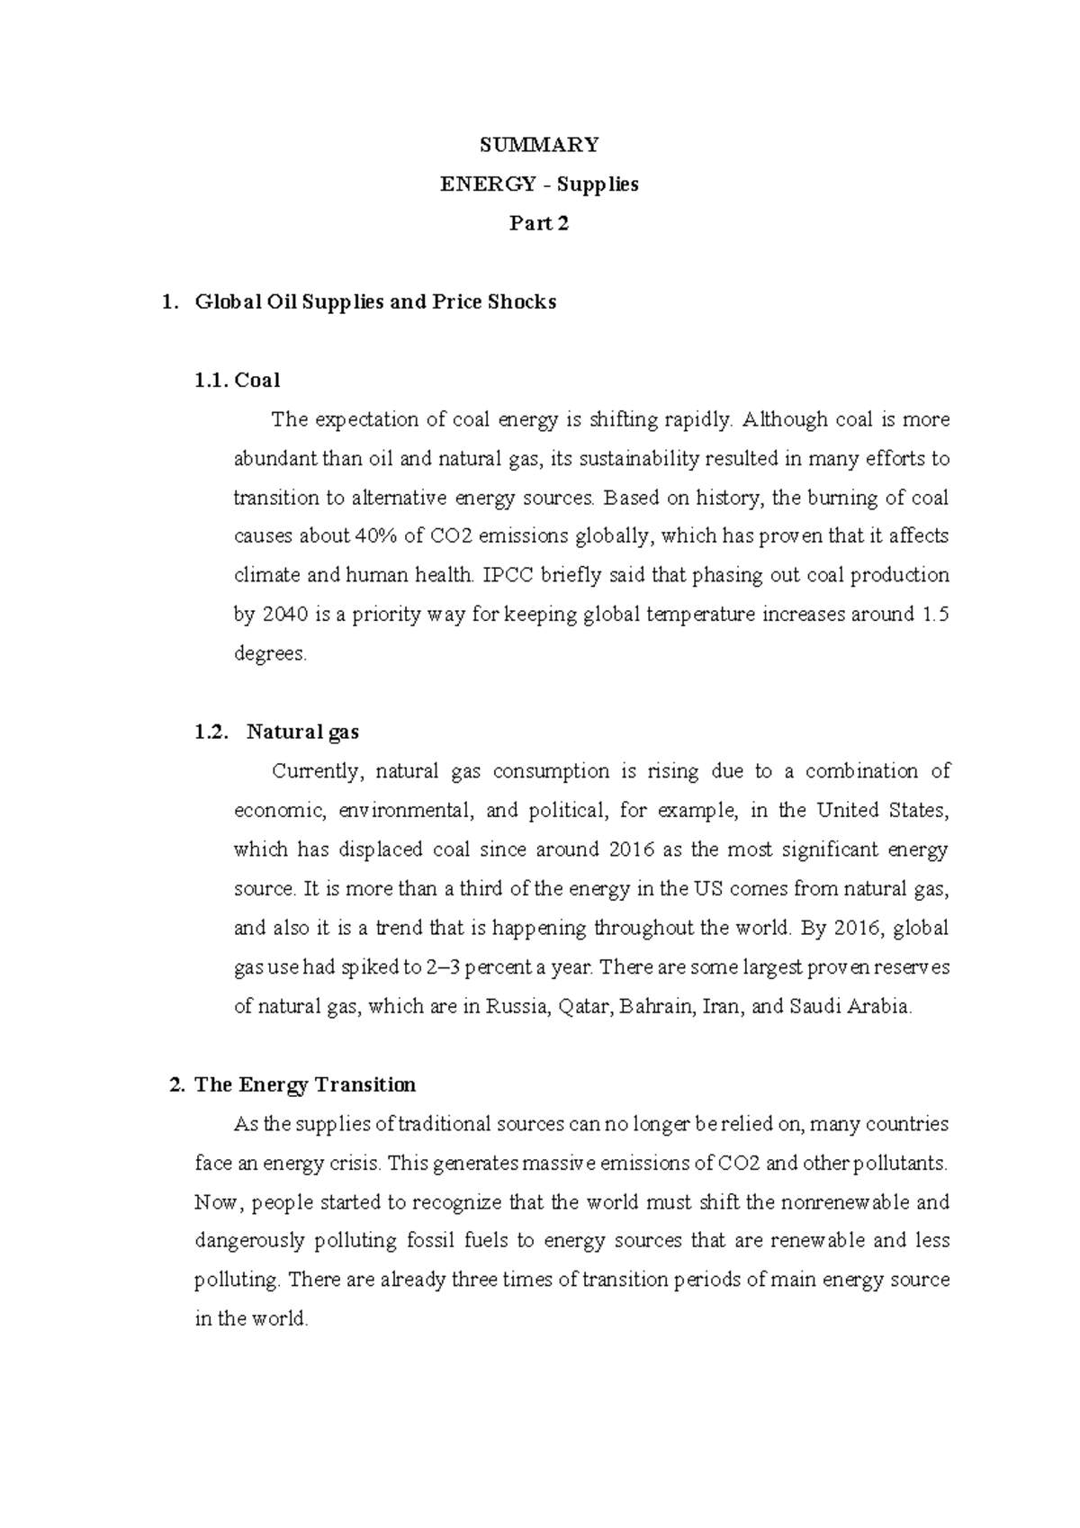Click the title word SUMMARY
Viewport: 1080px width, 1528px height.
click(x=539, y=145)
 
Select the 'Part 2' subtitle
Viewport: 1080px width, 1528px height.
click(x=539, y=223)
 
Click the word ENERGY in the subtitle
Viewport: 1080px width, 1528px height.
click(x=485, y=184)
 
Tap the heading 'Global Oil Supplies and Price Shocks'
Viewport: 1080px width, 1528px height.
click(x=375, y=301)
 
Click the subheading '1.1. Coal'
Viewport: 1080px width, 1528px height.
click(x=238, y=380)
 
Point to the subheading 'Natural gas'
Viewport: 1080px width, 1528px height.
click(x=303, y=732)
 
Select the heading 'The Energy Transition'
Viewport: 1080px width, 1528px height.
click(x=305, y=1084)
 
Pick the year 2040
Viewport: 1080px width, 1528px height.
click(x=284, y=615)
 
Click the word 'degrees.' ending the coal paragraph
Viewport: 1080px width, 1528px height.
click(x=270, y=654)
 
